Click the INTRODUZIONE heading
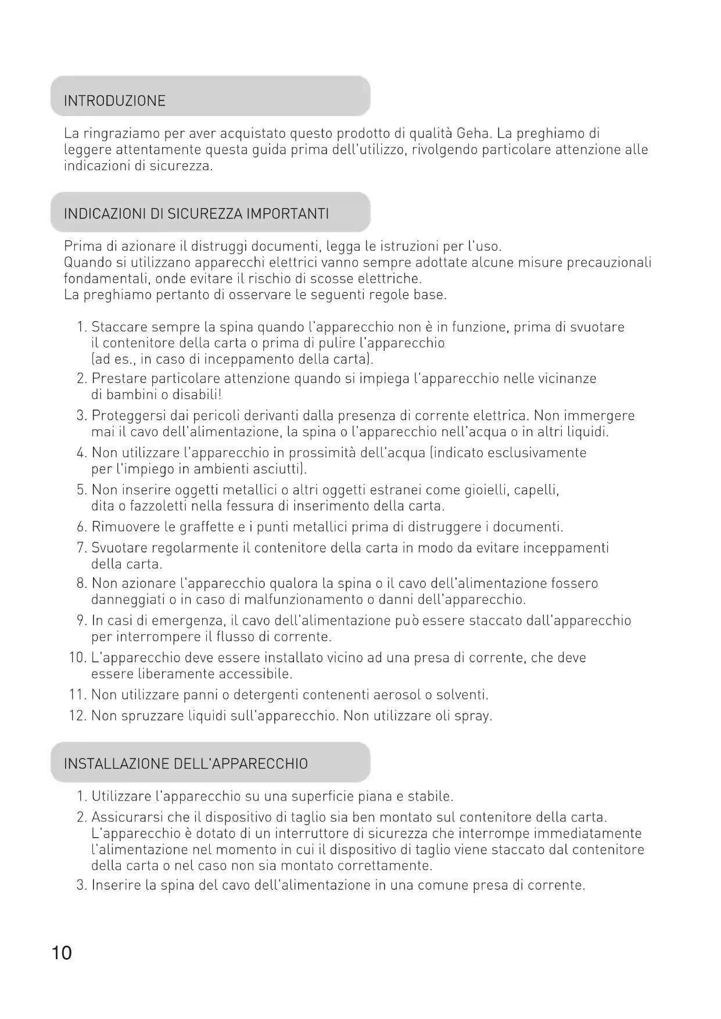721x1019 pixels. pyautogui.click(x=114, y=101)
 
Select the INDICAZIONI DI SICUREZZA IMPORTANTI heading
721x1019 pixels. pyautogui.click(x=196, y=214)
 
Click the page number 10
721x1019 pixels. pyautogui.click(x=62, y=953)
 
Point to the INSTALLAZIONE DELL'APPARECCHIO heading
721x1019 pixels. pyautogui.click(x=186, y=763)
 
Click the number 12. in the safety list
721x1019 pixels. pyautogui.click(x=78, y=716)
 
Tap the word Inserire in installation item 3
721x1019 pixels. pyautogui.click(x=116, y=885)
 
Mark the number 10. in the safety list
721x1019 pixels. pyautogui.click(x=78, y=658)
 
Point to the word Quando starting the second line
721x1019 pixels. pyautogui.click(x=85, y=263)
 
